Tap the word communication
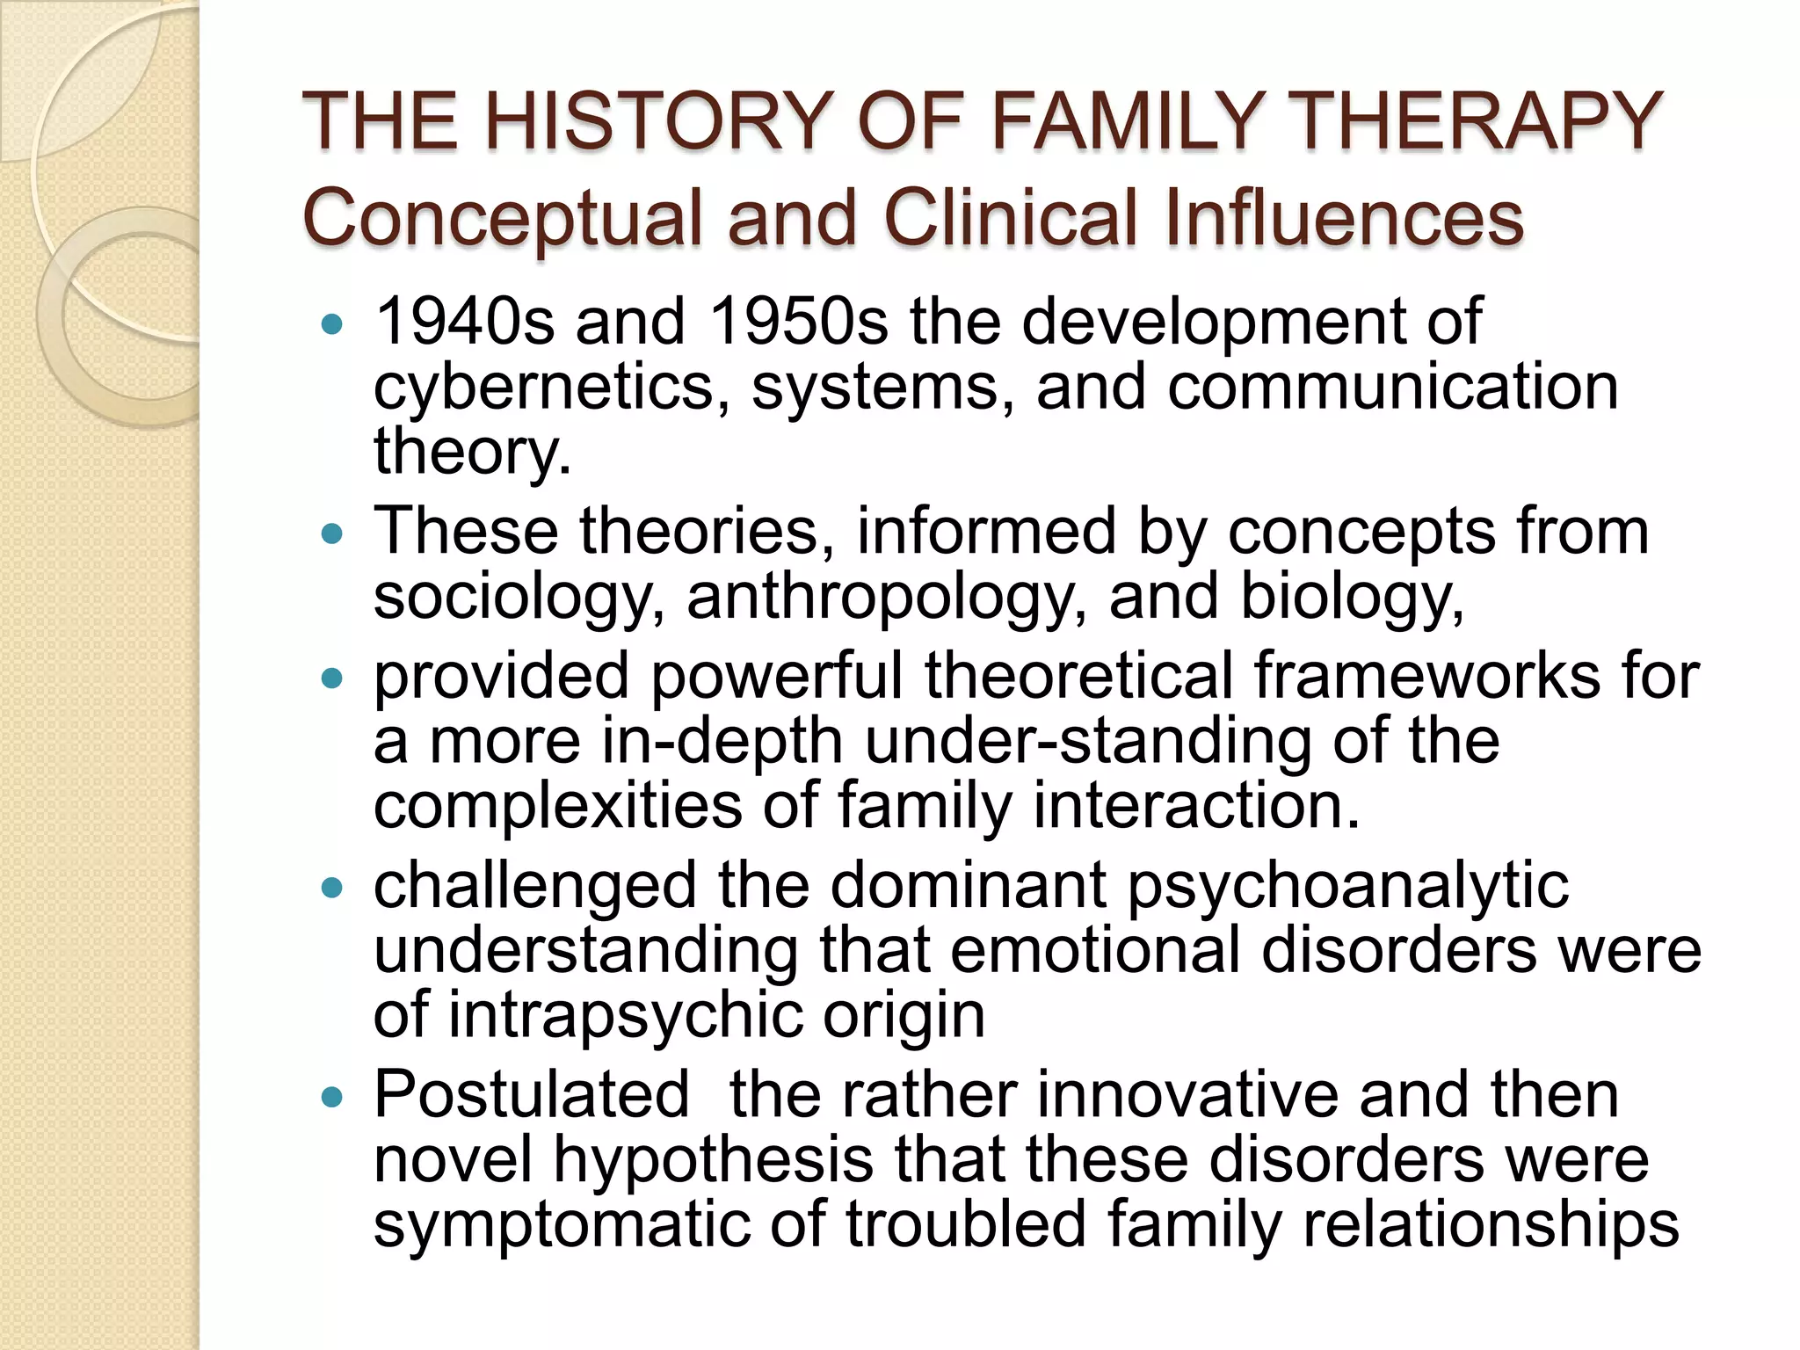pyautogui.click(x=1392, y=387)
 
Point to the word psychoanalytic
pyautogui.click(x=1347, y=886)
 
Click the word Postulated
pyautogui.click(x=532, y=1095)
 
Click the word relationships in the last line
pyautogui.click(x=1490, y=1225)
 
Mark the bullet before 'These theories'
pyautogui.click(x=331, y=533)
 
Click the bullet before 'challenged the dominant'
pyautogui.click(x=331, y=888)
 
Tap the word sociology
pyautogui.click(x=519, y=598)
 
